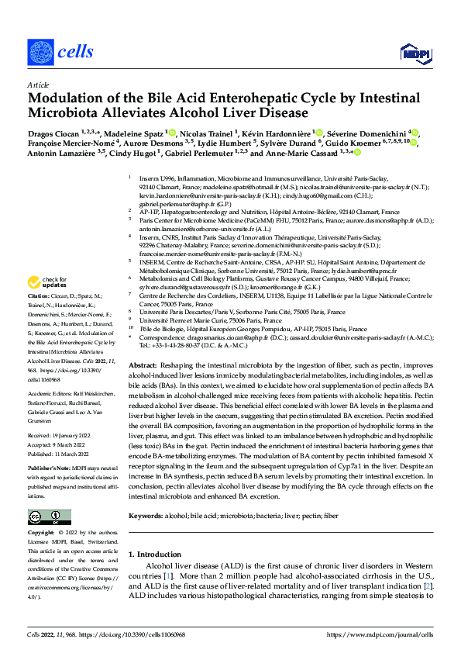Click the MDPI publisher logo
411,53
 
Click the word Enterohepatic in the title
232,98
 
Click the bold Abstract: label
143,365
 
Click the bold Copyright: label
42,534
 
